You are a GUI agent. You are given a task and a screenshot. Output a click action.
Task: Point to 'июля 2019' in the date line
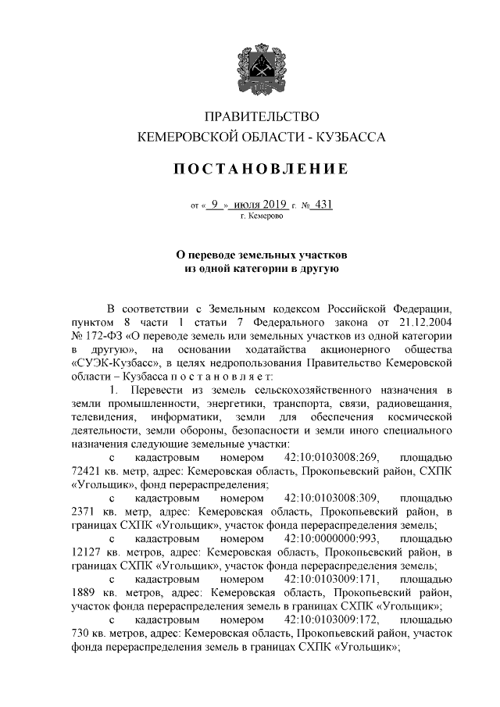259,205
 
